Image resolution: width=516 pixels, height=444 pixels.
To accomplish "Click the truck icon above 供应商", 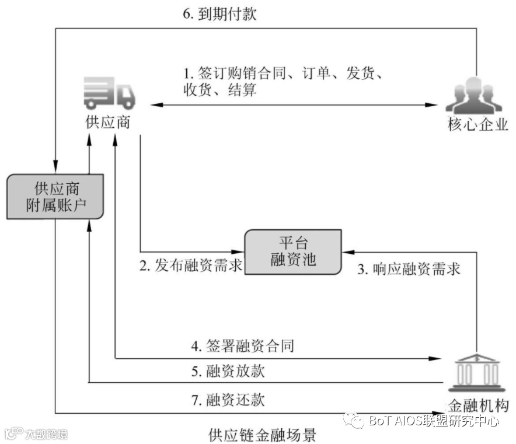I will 109,93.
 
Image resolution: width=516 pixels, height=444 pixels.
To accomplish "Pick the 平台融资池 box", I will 293,251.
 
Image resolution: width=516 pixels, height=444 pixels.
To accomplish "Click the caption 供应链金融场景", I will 262,435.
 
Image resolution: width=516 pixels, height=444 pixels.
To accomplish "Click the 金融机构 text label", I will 477,405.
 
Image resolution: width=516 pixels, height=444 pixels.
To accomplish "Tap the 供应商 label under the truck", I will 108,122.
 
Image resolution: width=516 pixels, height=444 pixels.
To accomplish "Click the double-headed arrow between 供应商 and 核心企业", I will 292,105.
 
